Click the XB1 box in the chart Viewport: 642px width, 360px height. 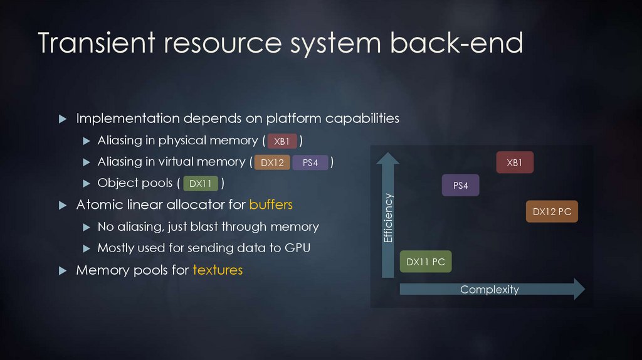[x=514, y=163]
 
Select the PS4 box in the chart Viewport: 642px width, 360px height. [x=461, y=186]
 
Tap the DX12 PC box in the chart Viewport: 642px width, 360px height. [x=552, y=212]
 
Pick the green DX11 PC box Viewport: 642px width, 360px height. [x=426, y=262]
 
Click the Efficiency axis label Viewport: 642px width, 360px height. [x=388, y=218]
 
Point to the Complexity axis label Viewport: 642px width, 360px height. [x=490, y=289]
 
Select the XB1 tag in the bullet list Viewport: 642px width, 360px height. [x=282, y=141]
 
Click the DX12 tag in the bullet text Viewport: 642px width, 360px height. [x=272, y=163]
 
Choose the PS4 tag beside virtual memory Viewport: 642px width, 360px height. [x=310, y=163]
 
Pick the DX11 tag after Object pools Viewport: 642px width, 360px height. [x=200, y=184]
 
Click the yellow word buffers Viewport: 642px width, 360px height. [x=271, y=205]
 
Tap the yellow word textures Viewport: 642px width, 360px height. [x=218, y=270]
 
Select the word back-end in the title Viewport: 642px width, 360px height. [x=456, y=43]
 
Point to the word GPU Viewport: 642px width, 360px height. [x=297, y=248]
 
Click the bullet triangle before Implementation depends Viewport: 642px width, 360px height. [x=62, y=119]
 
